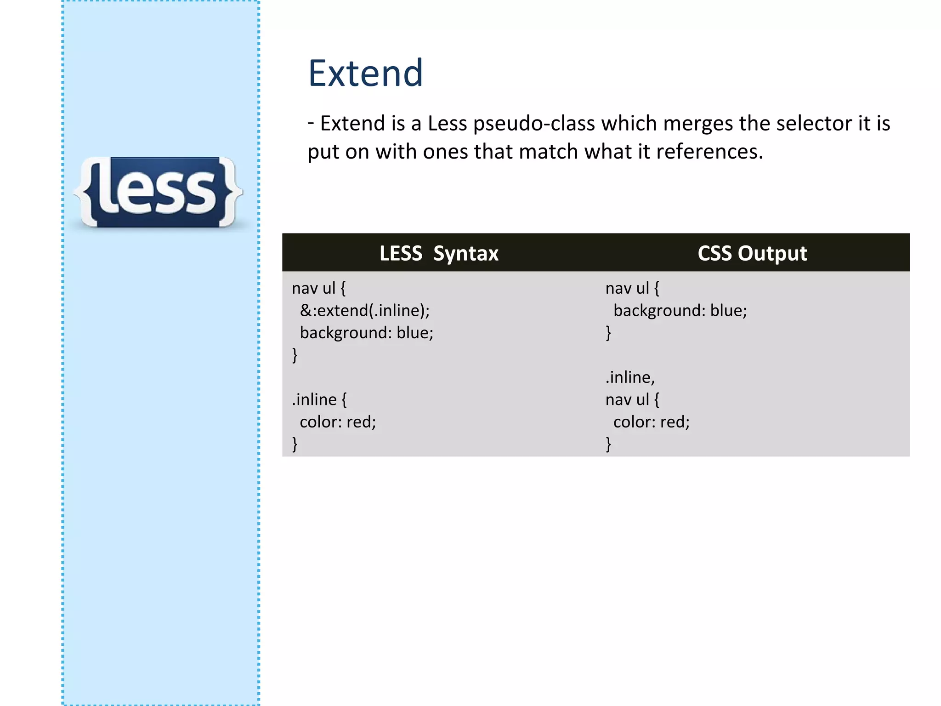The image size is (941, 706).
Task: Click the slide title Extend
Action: [x=365, y=74]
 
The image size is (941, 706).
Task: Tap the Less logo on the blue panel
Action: [x=158, y=192]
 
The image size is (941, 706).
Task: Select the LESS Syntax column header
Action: [x=439, y=253]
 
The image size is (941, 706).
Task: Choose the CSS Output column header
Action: [x=752, y=253]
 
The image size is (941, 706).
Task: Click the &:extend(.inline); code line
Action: [x=365, y=310]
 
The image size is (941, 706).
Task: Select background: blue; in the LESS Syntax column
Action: [x=366, y=332]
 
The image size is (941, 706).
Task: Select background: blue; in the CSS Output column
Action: [x=680, y=310]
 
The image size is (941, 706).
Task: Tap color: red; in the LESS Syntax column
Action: [x=338, y=421]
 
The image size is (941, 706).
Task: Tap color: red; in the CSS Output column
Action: [x=652, y=421]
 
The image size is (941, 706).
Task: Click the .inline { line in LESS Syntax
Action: [x=319, y=399]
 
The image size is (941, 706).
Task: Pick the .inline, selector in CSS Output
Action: [x=630, y=377]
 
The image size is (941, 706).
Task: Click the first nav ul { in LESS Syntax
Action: [x=319, y=288]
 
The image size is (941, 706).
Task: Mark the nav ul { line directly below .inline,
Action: [x=632, y=399]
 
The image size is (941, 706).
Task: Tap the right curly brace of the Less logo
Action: [x=230, y=192]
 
